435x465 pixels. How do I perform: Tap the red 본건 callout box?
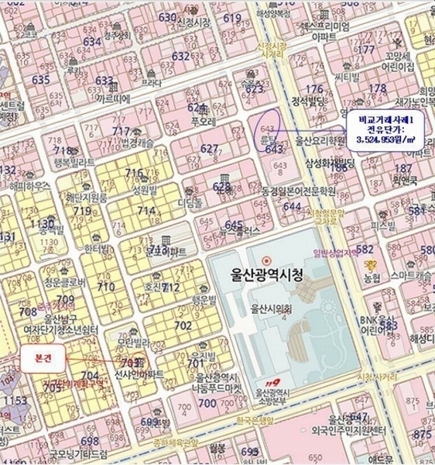39,358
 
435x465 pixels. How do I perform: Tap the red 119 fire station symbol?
269,381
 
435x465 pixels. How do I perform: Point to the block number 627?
209,148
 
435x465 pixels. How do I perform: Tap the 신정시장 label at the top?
194,22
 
